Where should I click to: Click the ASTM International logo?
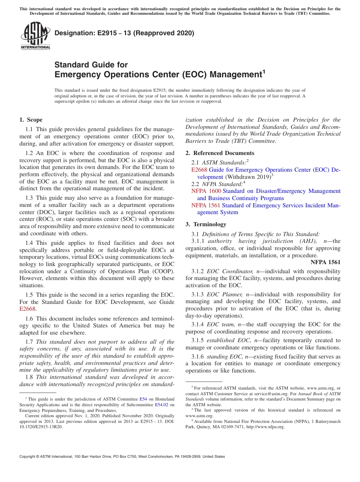(x=35, y=36)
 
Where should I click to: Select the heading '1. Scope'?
(x=31, y=120)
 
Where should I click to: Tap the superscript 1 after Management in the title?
(x=264, y=71)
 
